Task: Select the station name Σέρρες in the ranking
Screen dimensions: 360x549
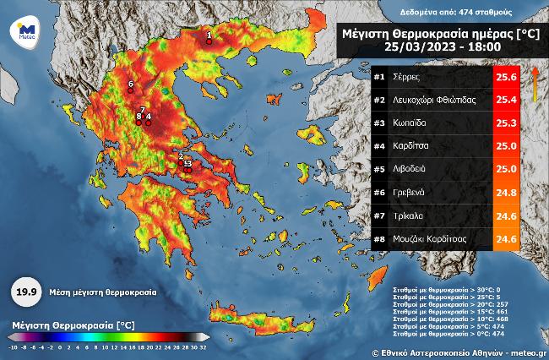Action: (407, 77)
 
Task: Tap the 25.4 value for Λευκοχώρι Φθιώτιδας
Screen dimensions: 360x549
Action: (505, 100)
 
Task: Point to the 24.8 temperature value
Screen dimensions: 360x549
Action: (505, 192)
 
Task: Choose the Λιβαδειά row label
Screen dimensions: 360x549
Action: (412, 169)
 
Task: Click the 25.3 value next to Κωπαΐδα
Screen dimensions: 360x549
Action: (505, 123)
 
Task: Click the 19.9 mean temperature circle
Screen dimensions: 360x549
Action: (24, 292)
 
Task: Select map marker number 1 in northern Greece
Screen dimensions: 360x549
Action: (209, 39)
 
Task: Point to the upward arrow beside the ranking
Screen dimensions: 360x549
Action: (535, 85)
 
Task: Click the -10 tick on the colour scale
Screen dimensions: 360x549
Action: (13, 347)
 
